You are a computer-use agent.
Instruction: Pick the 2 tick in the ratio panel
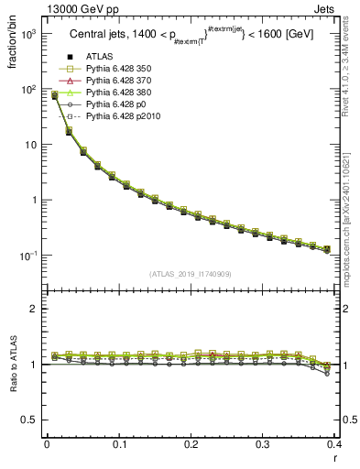pyautogui.click(x=35, y=310)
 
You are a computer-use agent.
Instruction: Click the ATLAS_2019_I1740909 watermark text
pyautogui.click(x=191, y=274)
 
